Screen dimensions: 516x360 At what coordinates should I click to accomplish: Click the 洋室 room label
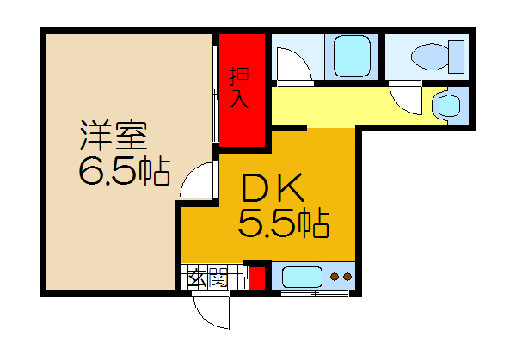click(x=114, y=136)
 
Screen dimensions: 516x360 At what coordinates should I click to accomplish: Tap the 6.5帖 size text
click(x=125, y=172)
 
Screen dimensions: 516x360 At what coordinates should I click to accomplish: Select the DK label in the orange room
click(x=273, y=188)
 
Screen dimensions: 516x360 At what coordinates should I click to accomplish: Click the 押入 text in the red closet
click(x=239, y=88)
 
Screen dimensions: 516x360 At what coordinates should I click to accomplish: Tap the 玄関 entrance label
click(x=208, y=277)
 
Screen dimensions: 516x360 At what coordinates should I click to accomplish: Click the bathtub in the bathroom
click(x=352, y=56)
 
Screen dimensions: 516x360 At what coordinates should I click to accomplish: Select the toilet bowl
click(x=430, y=57)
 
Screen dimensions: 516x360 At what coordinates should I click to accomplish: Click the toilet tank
click(x=456, y=57)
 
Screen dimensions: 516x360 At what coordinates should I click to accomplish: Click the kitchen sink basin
click(x=302, y=277)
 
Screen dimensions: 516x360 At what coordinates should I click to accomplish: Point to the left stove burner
click(x=335, y=277)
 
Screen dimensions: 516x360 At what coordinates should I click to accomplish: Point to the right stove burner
click(x=347, y=277)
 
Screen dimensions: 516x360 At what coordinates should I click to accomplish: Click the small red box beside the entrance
click(x=257, y=278)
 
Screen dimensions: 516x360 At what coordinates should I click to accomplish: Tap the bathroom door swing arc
click(x=302, y=58)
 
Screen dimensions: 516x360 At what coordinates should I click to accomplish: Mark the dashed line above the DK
click(x=330, y=128)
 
